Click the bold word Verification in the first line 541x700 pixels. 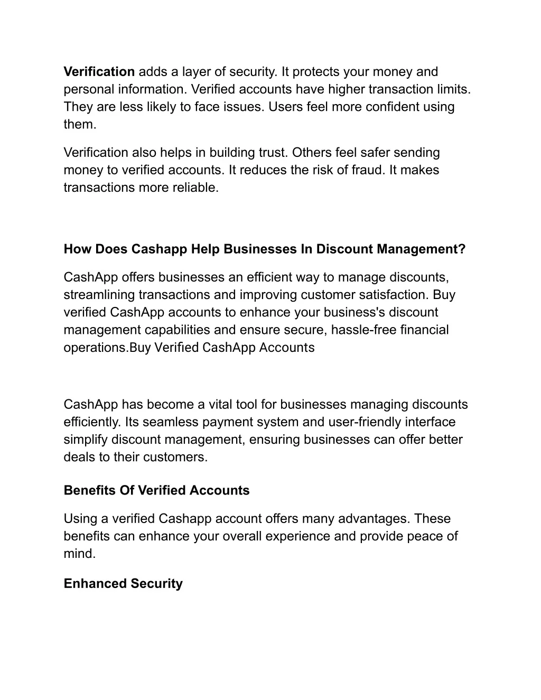coord(99,71)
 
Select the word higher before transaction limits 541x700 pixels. coord(347,89)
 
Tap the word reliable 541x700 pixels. coord(195,188)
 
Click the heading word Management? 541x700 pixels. coord(421,249)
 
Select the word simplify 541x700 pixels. coord(86,440)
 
